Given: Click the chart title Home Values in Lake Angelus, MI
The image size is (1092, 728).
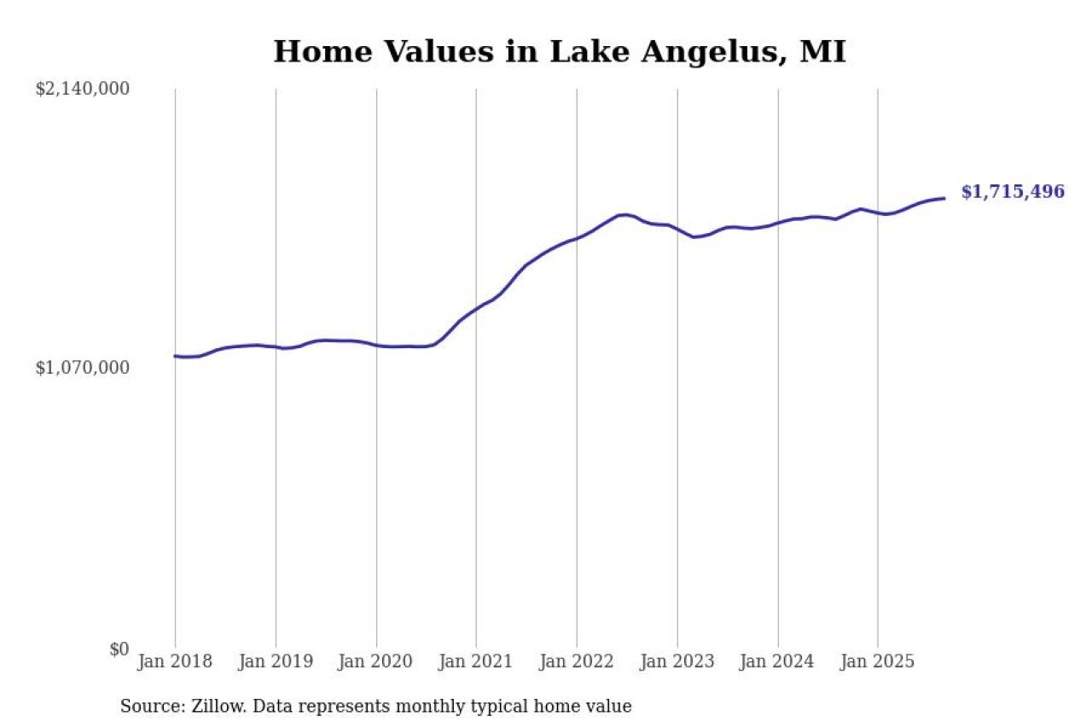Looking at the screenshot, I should (560, 52).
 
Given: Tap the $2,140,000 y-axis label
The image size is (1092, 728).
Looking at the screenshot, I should (82, 89).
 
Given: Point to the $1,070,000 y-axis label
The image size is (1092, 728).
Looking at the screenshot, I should (82, 368).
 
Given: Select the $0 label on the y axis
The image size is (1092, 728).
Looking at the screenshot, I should (119, 649).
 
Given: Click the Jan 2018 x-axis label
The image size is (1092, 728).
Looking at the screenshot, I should (175, 661).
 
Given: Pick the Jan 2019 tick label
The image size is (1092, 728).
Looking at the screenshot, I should (276, 661).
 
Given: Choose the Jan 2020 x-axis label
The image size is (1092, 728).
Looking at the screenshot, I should (376, 661).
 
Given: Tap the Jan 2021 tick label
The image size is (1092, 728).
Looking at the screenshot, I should (476, 661).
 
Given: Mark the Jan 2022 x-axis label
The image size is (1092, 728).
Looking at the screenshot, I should (577, 661).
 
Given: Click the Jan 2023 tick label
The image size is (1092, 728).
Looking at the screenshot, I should (677, 661).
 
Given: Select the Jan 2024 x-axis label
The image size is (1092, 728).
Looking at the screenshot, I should (777, 661).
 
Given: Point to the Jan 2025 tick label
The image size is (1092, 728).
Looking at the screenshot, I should (878, 661).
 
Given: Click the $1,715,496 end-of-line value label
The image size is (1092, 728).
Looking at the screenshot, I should (1013, 192).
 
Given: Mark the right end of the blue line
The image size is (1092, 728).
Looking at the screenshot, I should (944, 198).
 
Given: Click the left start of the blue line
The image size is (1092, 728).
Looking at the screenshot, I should (175, 356).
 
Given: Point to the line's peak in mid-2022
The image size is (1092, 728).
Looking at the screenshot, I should (624, 214).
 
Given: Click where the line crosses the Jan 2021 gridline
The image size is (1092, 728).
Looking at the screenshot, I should (476, 309).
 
